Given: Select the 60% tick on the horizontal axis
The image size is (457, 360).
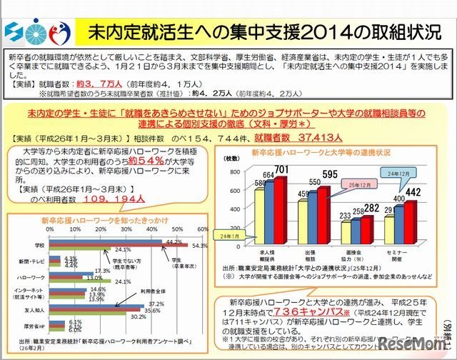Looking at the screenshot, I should tap(202, 230).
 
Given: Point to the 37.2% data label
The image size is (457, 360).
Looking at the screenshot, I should tap(157, 304).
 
